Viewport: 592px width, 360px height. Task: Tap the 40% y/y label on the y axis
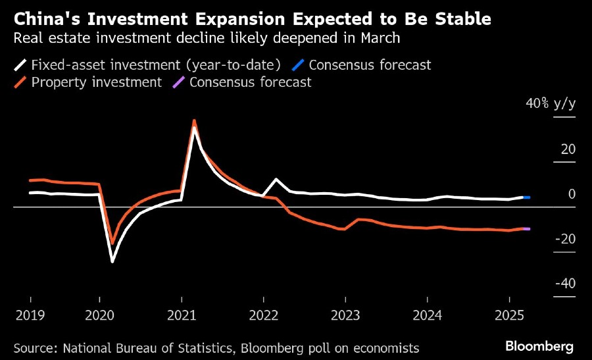[551, 105]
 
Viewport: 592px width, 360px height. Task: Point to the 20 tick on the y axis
[568, 149]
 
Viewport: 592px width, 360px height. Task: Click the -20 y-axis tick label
[566, 239]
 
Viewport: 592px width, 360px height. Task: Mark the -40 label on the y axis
[566, 284]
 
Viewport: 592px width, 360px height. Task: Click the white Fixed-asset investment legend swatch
[20, 65]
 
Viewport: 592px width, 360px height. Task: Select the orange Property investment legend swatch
[20, 82]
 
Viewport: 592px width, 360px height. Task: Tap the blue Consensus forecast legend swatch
[298, 65]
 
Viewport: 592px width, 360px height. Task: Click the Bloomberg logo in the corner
[539, 346]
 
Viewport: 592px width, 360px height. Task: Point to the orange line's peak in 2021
[194, 120]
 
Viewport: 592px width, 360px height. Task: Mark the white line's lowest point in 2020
[112, 262]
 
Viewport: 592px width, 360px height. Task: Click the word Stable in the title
[458, 19]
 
